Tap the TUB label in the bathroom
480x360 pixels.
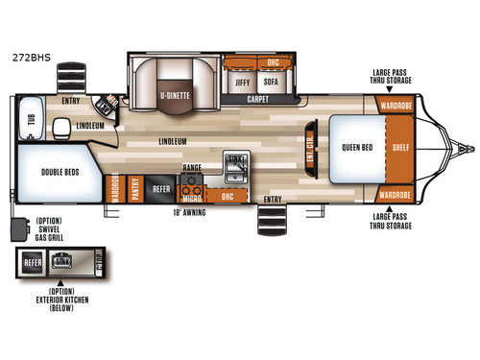27,120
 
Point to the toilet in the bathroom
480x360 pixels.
61,127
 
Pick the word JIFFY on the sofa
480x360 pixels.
243,84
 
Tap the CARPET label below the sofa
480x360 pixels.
256,99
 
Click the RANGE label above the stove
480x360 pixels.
191,167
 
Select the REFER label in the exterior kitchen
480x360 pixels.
32,260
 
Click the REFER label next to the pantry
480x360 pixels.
161,189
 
